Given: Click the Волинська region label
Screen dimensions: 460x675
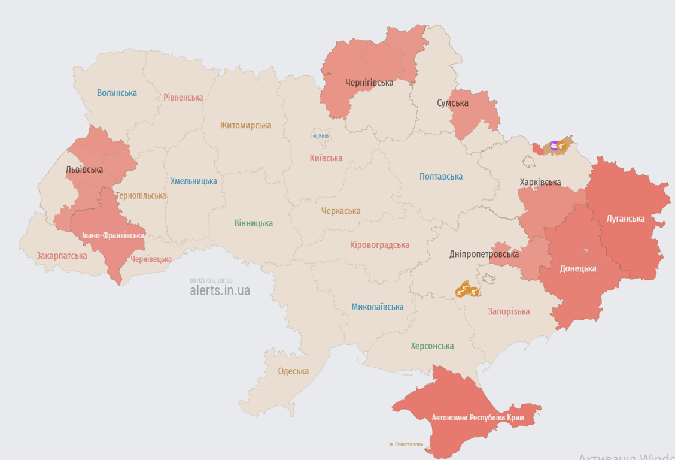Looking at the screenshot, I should pos(117,93).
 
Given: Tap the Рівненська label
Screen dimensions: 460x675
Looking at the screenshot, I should pos(183,97).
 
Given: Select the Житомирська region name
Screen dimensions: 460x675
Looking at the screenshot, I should pos(245,125).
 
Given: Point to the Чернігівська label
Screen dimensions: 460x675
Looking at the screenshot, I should pos(369,83).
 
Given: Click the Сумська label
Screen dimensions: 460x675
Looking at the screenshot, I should pos(452,103).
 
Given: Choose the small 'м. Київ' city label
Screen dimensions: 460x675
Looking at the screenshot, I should pos(321,136).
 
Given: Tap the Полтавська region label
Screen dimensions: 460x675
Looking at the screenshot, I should pos(441,177).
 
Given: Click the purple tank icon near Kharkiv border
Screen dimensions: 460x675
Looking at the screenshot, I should pos(554,145).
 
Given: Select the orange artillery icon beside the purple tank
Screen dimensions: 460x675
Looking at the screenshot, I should pos(562,146).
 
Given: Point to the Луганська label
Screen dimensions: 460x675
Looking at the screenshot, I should pos(625,219).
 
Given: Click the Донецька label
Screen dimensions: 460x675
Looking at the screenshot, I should pos(578,268).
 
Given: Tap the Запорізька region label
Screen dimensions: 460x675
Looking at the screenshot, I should pos(509,311).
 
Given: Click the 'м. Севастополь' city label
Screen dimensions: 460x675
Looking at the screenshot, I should pos(406,444).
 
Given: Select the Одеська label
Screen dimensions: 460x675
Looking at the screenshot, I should pos(293,371).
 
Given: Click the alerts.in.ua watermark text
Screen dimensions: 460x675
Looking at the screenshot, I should pos(220,291).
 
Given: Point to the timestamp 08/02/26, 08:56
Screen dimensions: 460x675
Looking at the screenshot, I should pos(211,280).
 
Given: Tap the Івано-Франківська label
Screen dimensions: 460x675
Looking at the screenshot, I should pos(113,235).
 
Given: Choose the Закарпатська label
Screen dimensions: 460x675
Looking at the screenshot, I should pos(62,256).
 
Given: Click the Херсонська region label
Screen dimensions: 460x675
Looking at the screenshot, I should pos(432,346).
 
